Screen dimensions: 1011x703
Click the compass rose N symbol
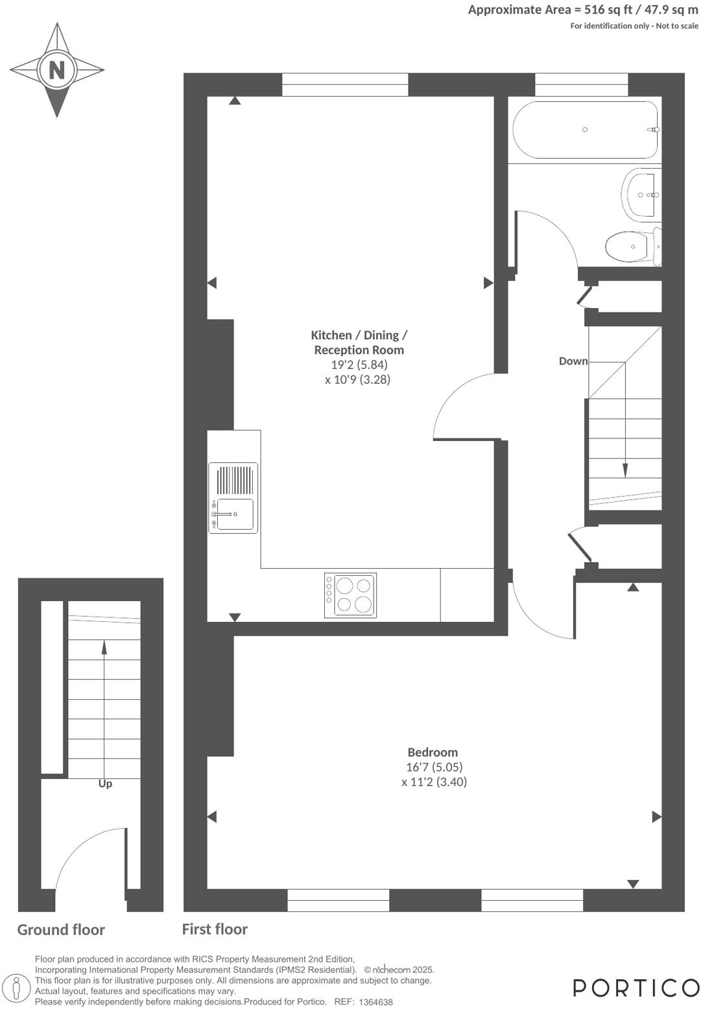click(x=57, y=69)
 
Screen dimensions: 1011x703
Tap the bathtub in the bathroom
click(x=585, y=130)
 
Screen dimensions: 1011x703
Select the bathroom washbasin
click(x=641, y=195)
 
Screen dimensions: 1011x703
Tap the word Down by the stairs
click(x=573, y=361)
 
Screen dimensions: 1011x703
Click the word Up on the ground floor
click(x=105, y=783)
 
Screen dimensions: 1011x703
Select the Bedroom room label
click(x=433, y=752)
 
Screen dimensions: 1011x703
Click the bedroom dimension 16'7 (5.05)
click(x=434, y=767)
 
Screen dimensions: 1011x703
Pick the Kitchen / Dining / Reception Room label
click(x=359, y=342)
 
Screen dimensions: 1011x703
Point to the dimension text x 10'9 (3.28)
click(x=358, y=379)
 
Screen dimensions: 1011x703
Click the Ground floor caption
click(x=61, y=930)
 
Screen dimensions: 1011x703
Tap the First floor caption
click(x=215, y=929)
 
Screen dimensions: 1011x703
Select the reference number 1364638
click(x=375, y=1002)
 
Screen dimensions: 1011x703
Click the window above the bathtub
click(x=581, y=84)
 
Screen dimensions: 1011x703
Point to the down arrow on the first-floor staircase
click(x=625, y=470)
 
